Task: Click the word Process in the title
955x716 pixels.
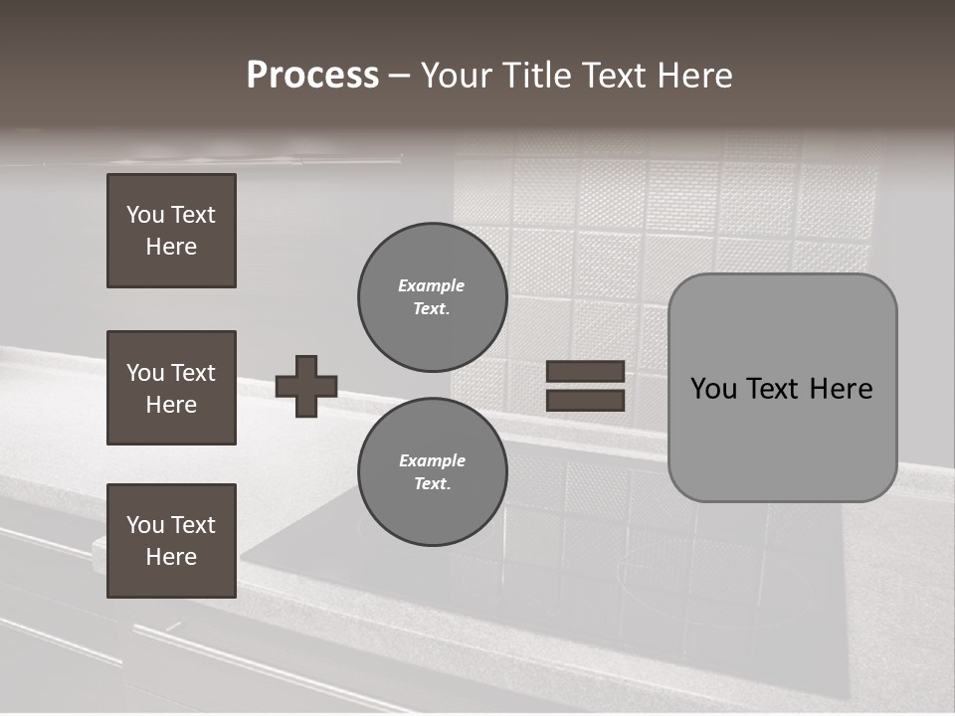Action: click(x=312, y=76)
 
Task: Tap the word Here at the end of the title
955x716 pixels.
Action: click(x=693, y=76)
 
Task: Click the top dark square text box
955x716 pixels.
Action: click(x=171, y=231)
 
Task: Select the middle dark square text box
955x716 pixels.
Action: click(x=171, y=388)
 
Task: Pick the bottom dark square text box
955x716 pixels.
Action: click(x=171, y=541)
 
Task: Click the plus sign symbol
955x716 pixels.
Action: click(x=306, y=386)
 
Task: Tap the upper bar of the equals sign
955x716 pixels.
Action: click(x=585, y=371)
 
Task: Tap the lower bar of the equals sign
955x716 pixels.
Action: click(x=585, y=400)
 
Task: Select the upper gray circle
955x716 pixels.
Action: click(x=433, y=297)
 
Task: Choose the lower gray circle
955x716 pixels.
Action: click(x=433, y=472)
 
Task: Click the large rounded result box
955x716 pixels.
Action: click(x=782, y=388)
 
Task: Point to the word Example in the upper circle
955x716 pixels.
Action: click(x=432, y=285)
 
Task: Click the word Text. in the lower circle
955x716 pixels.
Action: click(x=433, y=484)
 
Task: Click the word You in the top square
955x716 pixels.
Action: click(x=144, y=215)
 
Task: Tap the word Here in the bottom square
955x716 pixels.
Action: click(x=171, y=557)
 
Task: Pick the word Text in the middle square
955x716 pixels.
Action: click(x=192, y=373)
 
